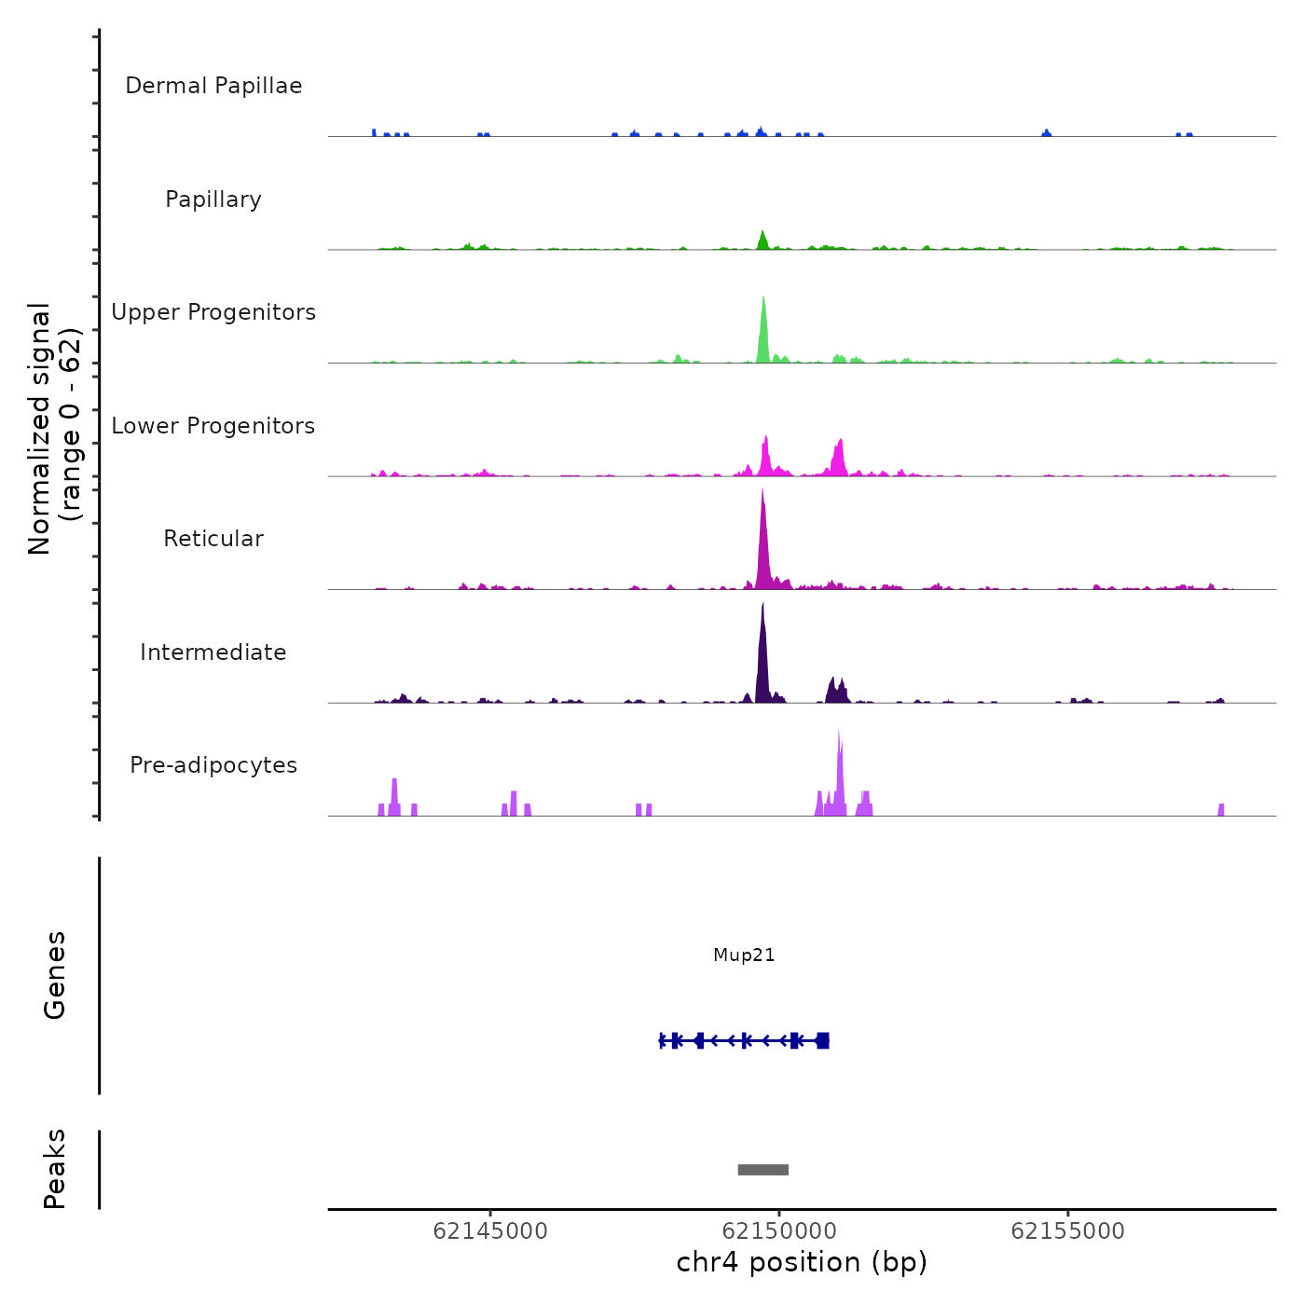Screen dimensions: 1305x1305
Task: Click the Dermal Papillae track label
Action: (213, 86)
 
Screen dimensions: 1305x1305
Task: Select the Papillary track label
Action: (213, 199)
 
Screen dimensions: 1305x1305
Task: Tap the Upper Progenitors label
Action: (213, 312)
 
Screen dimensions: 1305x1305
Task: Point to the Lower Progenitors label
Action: (213, 426)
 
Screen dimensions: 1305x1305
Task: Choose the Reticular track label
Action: (213, 539)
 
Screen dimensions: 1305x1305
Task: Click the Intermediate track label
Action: (213, 652)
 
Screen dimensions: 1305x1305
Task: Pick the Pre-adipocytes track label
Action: (213, 765)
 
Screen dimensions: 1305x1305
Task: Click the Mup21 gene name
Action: (744, 955)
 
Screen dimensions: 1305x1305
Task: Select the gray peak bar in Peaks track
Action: (762, 1170)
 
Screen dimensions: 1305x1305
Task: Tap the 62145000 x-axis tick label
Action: (490, 1231)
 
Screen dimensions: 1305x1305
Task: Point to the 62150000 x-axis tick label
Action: (779, 1231)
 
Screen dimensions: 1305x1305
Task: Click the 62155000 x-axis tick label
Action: (1067, 1231)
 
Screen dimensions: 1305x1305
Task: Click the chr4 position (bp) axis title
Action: (802, 1263)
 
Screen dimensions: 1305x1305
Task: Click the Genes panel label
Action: (55, 975)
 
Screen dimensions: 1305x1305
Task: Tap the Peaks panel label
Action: (55, 1169)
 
